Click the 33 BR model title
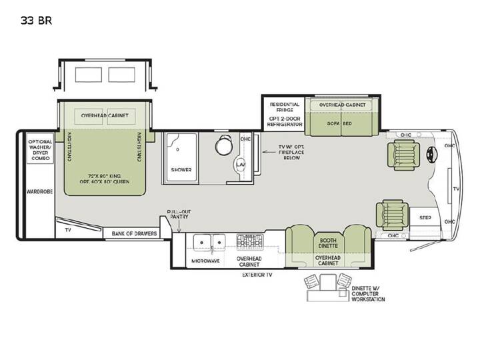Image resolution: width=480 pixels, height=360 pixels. [37, 21]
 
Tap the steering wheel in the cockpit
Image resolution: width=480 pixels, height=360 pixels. [432, 154]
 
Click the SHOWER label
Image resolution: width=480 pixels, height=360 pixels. [181, 169]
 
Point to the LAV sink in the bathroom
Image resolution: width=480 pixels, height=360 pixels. [240, 165]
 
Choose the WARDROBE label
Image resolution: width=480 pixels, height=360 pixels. [39, 191]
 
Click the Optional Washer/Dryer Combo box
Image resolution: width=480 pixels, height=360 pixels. [40, 148]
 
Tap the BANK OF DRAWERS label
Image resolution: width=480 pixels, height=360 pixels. [135, 233]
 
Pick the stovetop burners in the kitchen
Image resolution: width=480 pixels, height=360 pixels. [250, 242]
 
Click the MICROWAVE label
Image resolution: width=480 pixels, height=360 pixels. [205, 261]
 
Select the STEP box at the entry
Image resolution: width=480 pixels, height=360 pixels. [425, 217]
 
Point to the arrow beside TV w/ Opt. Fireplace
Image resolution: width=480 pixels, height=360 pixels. [269, 151]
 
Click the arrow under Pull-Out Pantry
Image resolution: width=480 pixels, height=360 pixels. [179, 226]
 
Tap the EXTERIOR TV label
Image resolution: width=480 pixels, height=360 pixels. [257, 275]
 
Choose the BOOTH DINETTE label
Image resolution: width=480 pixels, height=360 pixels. [328, 243]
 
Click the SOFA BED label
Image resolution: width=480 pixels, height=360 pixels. [339, 124]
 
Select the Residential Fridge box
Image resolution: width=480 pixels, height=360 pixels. [284, 114]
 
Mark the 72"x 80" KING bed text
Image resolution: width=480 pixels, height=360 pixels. [105, 176]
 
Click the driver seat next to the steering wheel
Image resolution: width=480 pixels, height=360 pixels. [403, 155]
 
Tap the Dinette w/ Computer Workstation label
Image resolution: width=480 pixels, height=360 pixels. [368, 294]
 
